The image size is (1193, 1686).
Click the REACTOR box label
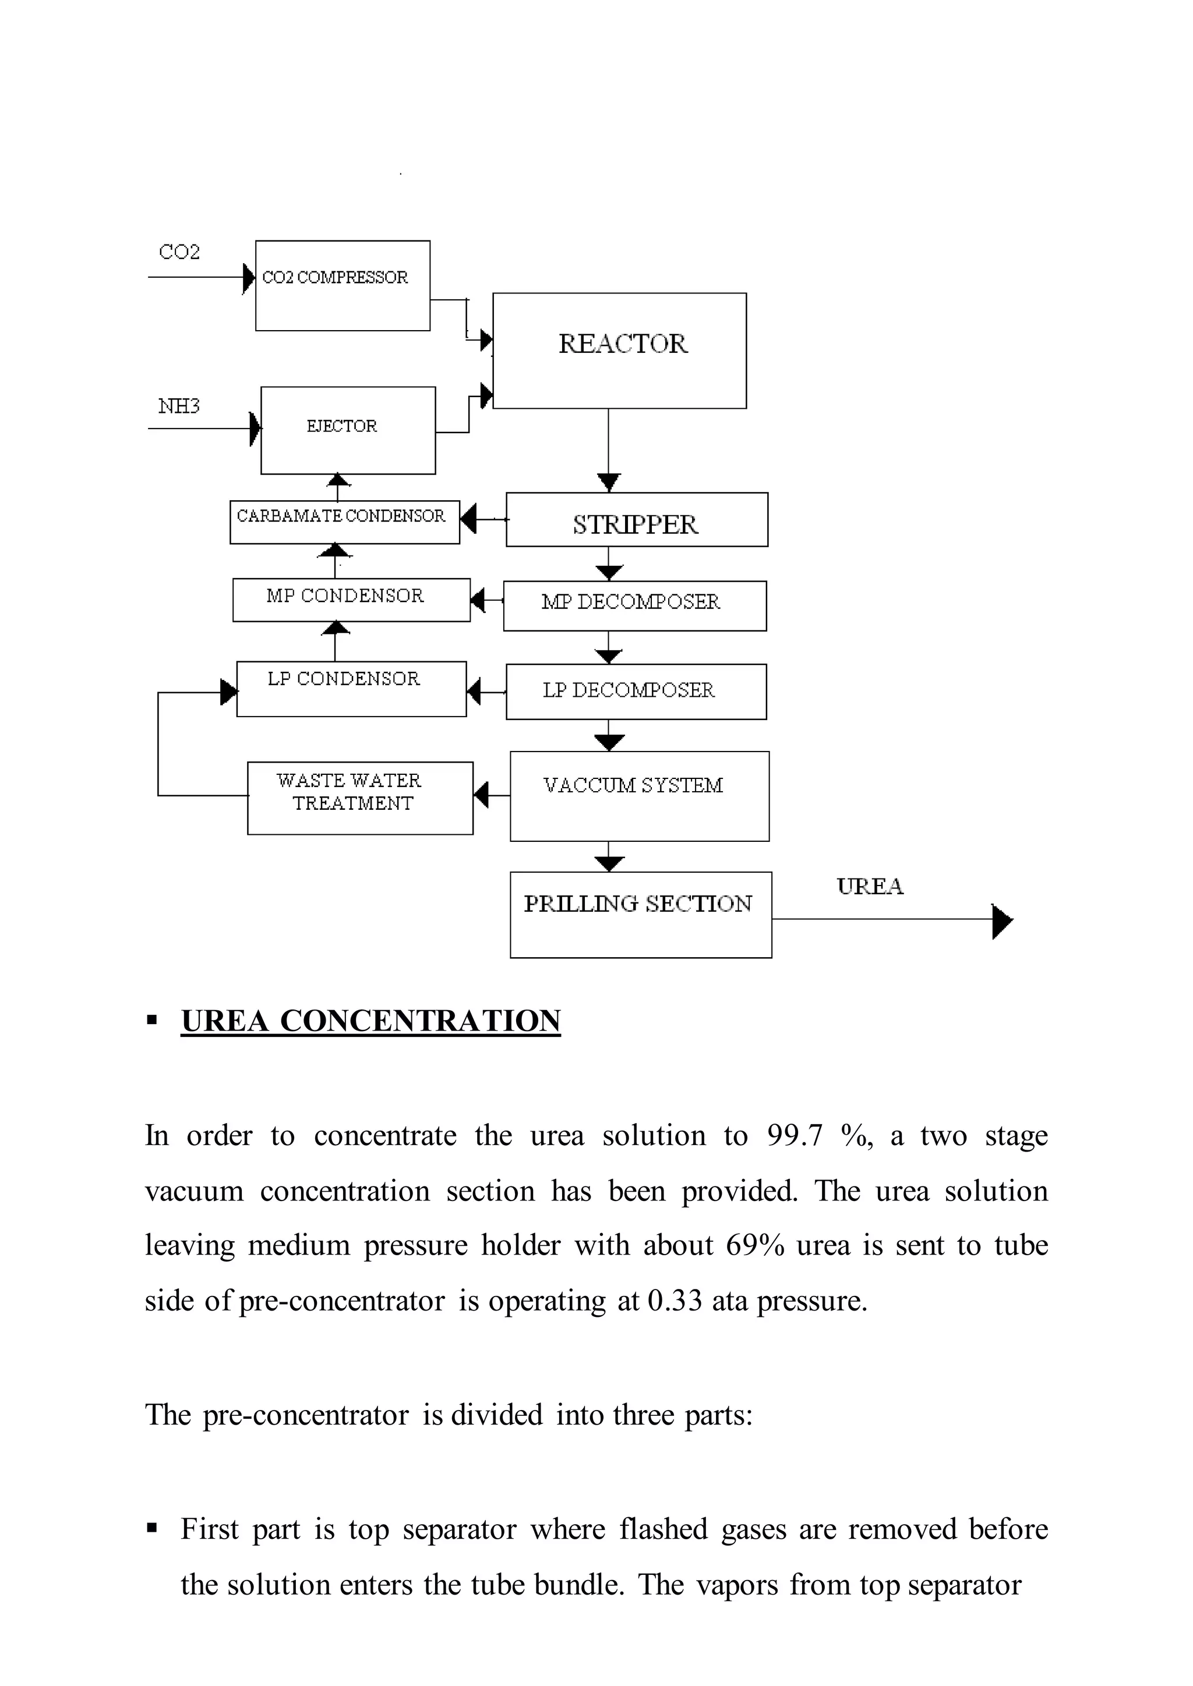622,343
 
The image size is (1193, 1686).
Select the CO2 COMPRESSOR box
343,286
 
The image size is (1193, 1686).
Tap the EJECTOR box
347,430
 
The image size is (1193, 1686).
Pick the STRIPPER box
636,520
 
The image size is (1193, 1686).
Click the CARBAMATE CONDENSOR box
344,522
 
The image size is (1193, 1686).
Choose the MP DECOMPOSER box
634,606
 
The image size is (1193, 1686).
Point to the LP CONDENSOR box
351,689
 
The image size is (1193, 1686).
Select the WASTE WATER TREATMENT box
359,798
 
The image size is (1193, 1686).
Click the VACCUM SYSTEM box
639,796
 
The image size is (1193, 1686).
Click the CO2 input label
179,252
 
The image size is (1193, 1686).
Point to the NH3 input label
178,406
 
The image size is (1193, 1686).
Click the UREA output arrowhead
1002,922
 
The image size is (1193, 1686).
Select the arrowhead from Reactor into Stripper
608,483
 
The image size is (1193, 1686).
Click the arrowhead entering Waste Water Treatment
481,795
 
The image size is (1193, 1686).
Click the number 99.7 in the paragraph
794,1136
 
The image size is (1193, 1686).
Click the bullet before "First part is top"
152,1529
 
